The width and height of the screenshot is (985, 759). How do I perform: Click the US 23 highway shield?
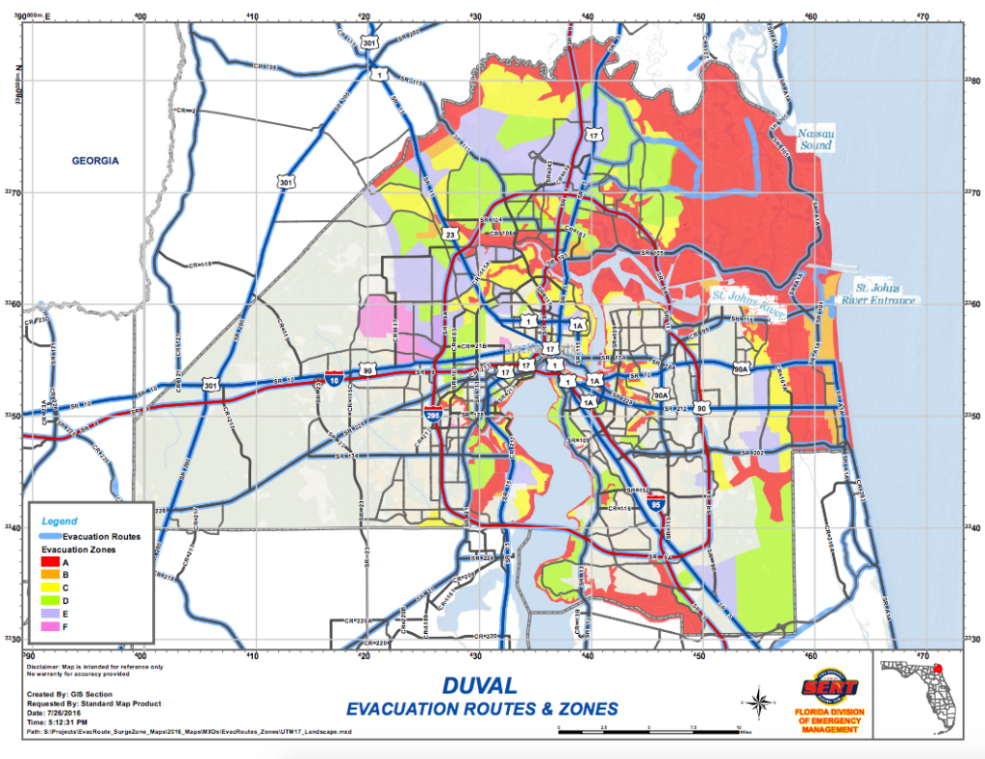click(x=449, y=233)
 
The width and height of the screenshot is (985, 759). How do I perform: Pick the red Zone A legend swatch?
click(x=50, y=562)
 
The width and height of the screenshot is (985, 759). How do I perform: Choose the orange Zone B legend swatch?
click(x=50, y=574)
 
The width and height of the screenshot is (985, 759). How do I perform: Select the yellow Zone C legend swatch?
click(x=50, y=588)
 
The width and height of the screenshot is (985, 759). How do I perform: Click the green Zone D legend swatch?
click(x=50, y=601)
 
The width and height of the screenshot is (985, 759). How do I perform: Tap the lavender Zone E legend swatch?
click(x=50, y=614)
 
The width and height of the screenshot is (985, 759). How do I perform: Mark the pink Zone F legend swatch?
click(x=50, y=627)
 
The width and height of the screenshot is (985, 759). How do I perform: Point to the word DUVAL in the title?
click(x=481, y=687)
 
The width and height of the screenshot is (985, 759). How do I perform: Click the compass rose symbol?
click(x=759, y=700)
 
